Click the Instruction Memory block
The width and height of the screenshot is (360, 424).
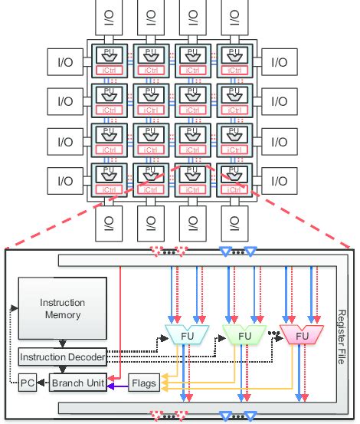coord(63,309)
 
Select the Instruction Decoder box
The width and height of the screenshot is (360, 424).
coord(63,357)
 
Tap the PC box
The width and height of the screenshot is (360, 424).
coord(27,381)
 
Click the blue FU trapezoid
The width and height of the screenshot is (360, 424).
coord(183,335)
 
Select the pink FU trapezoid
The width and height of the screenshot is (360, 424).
coord(302,335)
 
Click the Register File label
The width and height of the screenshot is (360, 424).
coord(342,330)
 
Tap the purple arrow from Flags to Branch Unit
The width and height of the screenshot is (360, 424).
coord(118,386)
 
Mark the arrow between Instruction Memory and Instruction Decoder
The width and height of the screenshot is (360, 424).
coord(63,343)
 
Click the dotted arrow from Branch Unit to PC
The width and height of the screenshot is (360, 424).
coord(42,381)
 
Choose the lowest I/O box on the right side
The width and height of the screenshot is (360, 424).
coord(278,182)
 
